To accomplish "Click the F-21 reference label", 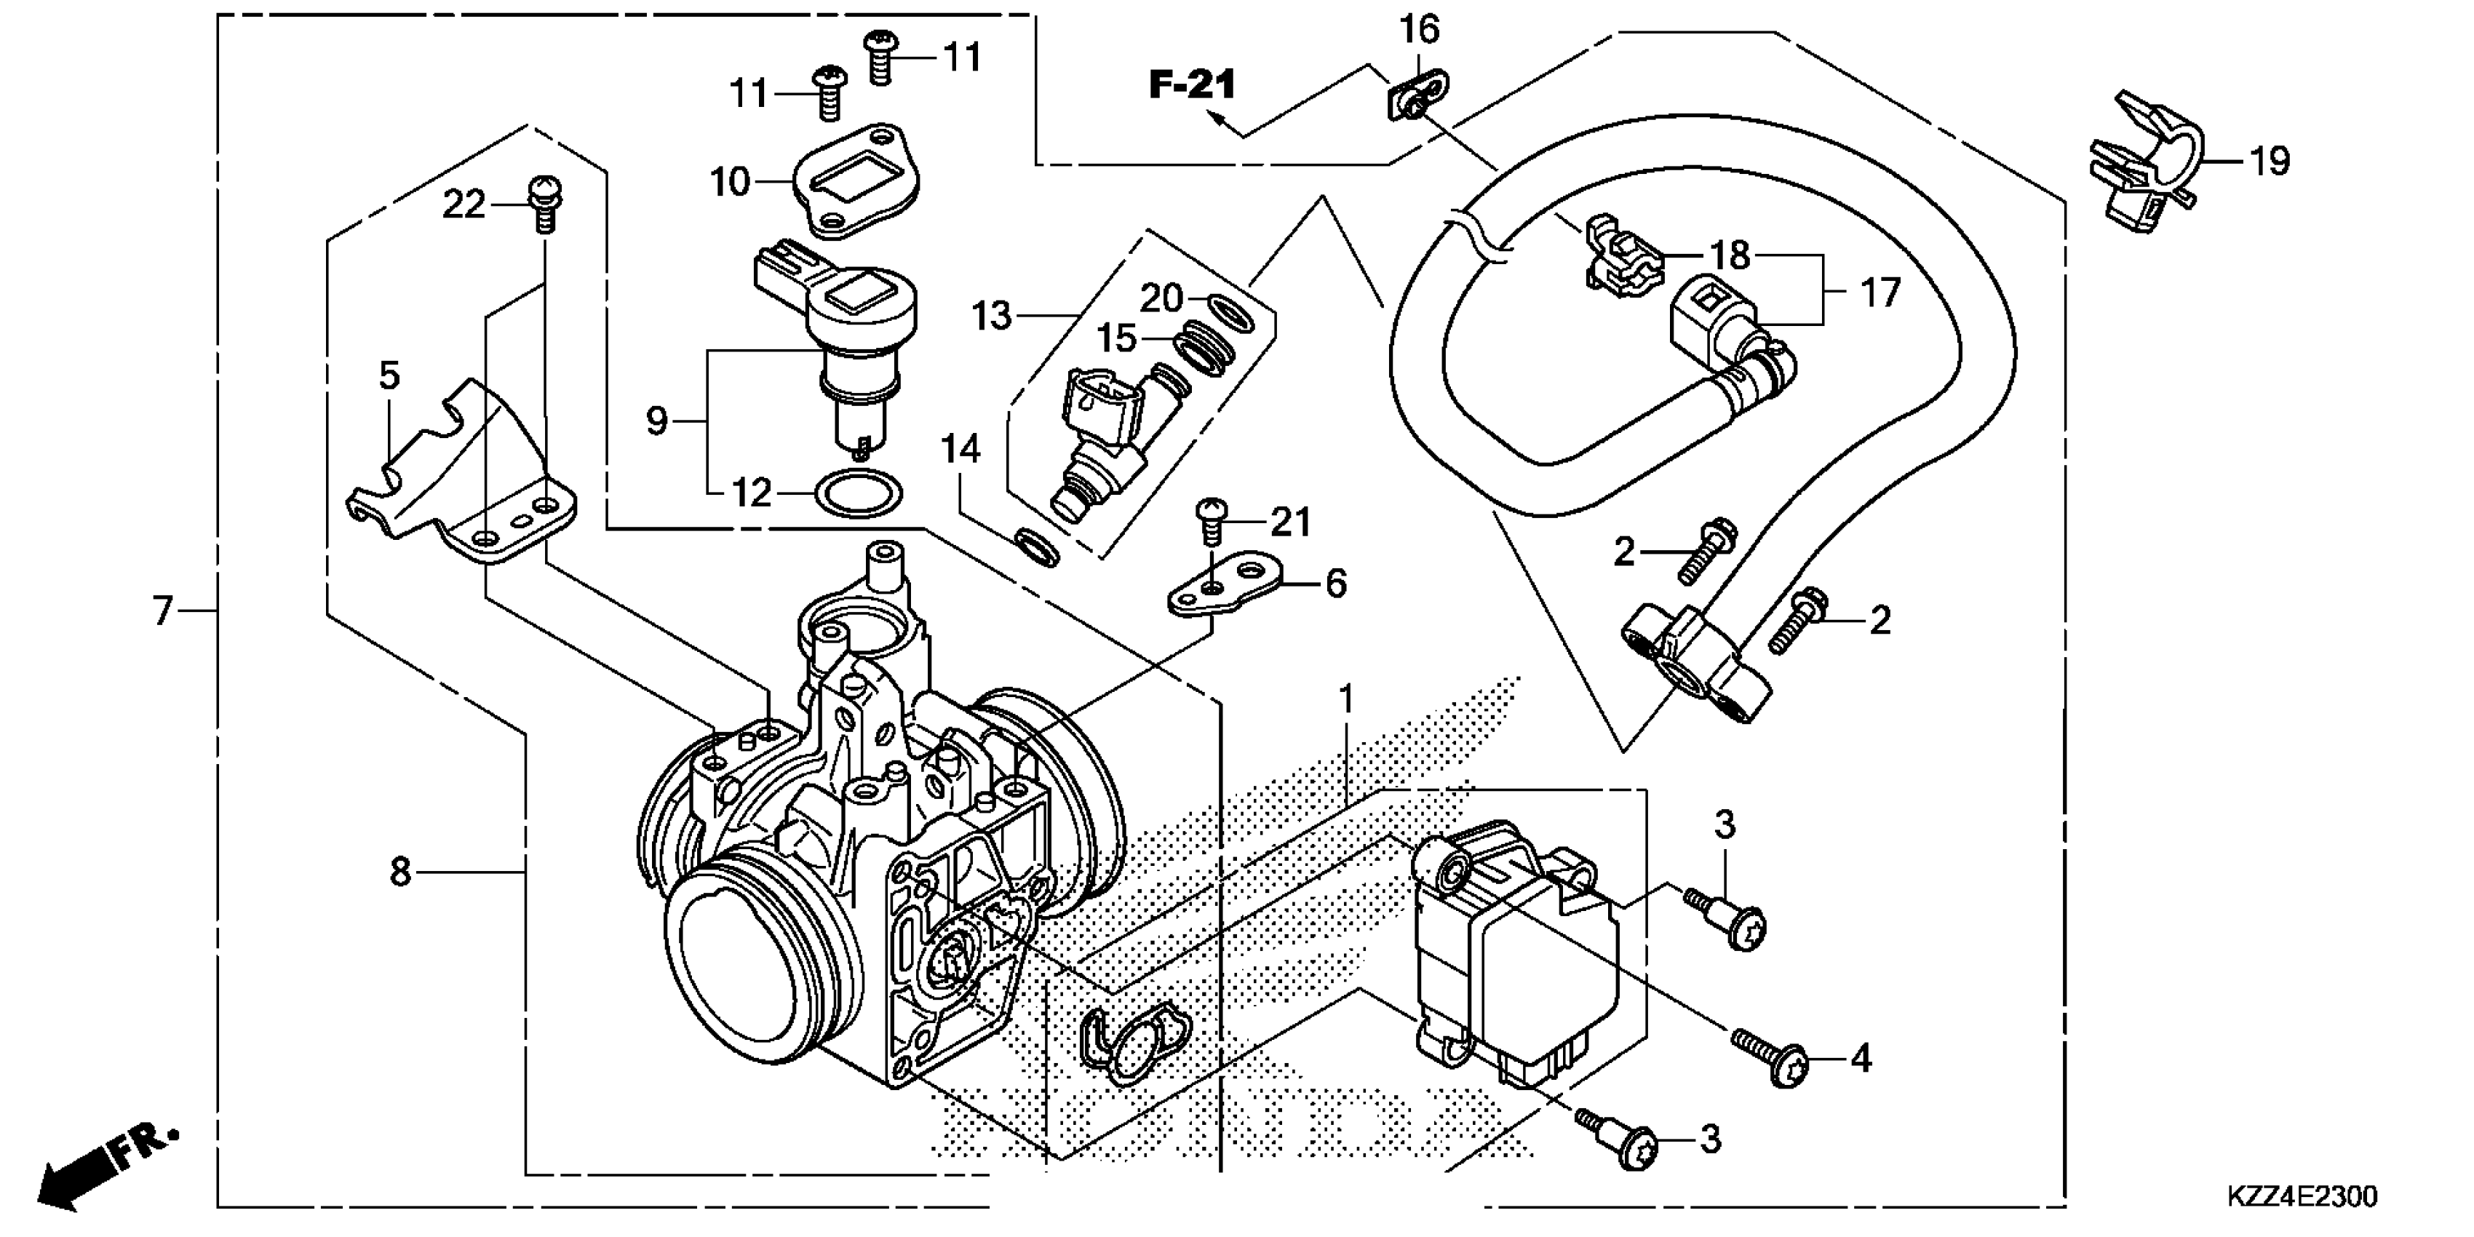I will tap(1192, 84).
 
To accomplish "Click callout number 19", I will tap(2270, 162).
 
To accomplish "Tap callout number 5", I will tap(389, 375).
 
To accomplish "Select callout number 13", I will tap(991, 315).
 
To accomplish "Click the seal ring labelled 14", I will tap(1037, 546).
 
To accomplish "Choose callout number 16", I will tap(1418, 31).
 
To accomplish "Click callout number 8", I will tap(400, 872).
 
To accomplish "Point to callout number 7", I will tap(162, 610).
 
